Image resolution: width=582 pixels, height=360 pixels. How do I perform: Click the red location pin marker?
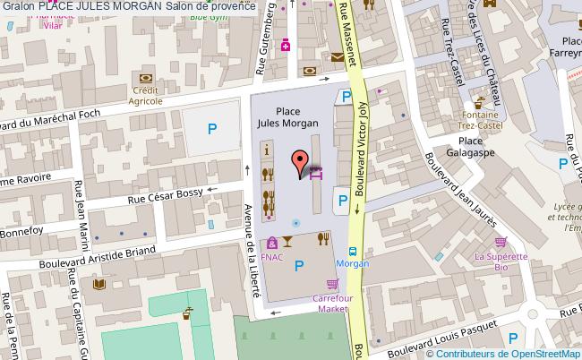[x=299, y=161]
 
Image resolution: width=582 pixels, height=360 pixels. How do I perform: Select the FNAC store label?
[x=272, y=255]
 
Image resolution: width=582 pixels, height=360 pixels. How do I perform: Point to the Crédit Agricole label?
[x=144, y=95]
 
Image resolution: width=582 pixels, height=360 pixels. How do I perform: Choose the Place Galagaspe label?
[x=470, y=145]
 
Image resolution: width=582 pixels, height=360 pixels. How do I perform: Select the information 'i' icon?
[x=266, y=149]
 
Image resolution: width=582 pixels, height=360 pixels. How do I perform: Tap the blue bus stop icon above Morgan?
[x=352, y=253]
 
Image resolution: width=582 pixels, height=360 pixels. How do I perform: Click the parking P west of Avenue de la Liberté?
[x=212, y=129]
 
